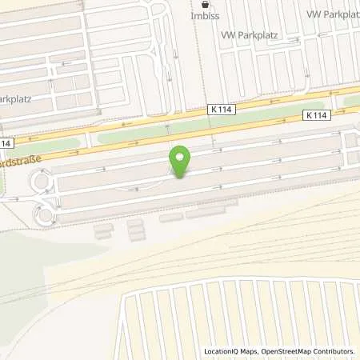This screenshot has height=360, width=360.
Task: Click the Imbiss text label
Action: [206, 14]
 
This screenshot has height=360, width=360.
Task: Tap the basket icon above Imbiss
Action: [205, 3]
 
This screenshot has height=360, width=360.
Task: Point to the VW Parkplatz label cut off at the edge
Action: [333, 14]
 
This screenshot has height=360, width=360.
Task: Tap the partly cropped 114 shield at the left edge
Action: [6, 143]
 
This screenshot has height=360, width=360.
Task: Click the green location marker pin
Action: [181, 161]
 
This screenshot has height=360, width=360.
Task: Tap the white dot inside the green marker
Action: [181, 156]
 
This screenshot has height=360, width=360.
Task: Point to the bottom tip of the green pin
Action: [181, 177]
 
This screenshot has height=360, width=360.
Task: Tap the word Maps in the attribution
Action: [250, 351]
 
